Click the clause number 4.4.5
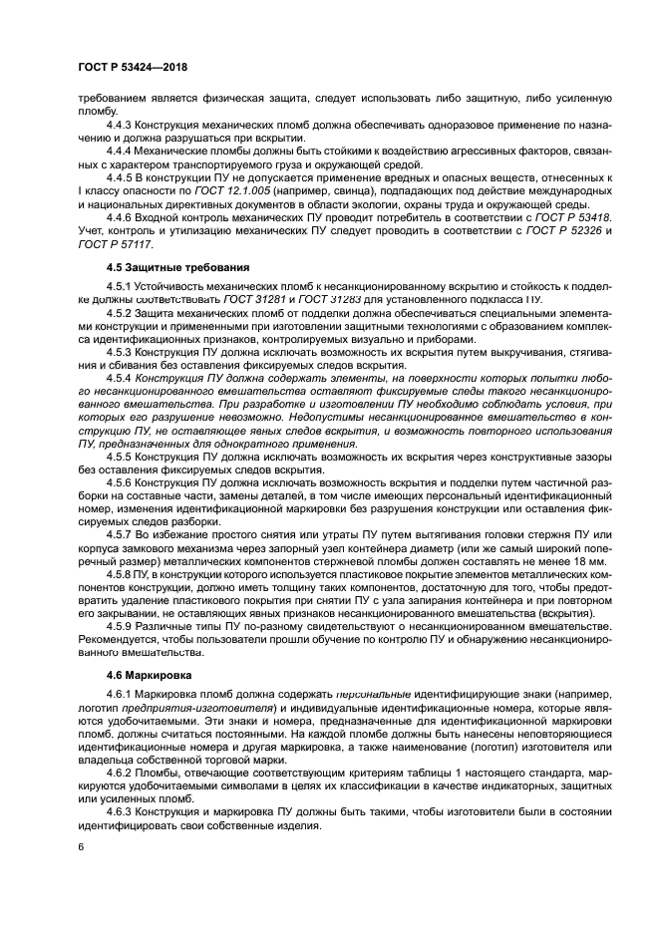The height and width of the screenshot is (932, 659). [x=124, y=176]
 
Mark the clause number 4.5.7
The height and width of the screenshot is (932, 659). [x=124, y=534]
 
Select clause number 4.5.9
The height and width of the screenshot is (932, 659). [x=124, y=626]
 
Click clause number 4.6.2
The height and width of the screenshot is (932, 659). [x=124, y=774]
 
